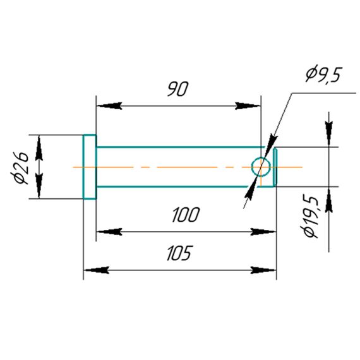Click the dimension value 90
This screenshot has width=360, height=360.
point(177,88)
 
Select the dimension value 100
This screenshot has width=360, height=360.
point(186,215)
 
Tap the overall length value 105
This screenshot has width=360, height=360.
point(179,253)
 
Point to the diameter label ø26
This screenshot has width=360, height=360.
point(20,167)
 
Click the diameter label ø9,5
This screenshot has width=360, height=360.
point(323,75)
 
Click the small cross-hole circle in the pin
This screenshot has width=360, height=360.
point(261,167)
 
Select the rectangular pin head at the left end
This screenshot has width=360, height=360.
point(90,167)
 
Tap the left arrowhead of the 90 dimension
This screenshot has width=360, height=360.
point(109,106)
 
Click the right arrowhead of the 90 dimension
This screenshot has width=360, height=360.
point(248,106)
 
